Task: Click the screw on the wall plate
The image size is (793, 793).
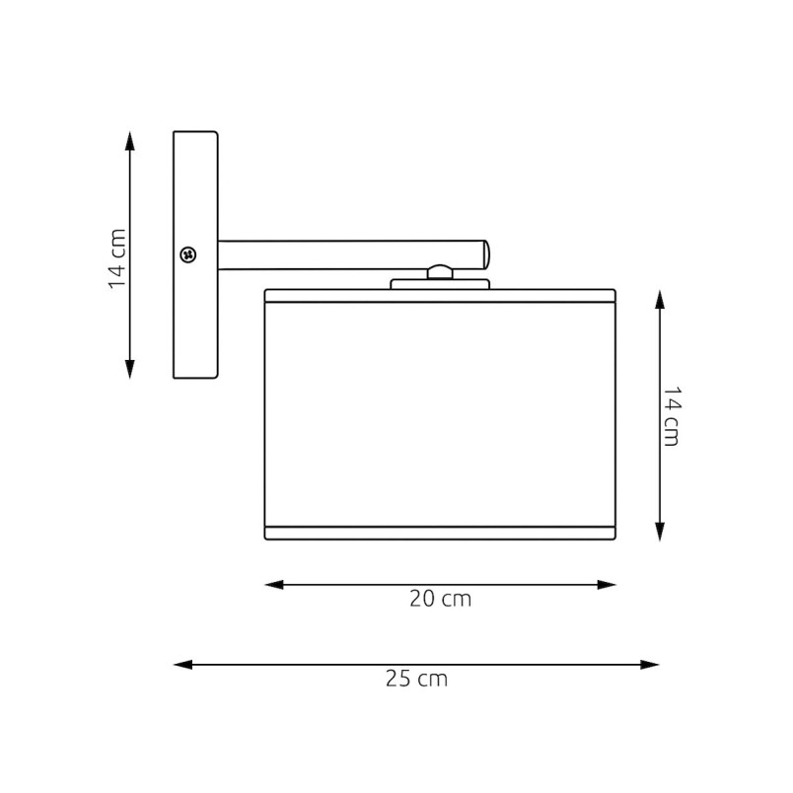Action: point(188,254)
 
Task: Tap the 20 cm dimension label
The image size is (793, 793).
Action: point(441,599)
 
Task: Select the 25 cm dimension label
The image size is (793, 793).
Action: point(417,679)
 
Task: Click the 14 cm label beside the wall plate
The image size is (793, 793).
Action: point(117,258)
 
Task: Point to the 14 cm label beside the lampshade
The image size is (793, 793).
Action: point(672,416)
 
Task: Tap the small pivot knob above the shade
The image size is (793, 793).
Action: point(440,272)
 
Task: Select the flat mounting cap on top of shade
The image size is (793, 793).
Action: point(440,284)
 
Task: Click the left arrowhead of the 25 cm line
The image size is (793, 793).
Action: point(183,665)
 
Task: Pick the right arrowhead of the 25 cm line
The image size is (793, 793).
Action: point(650,665)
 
